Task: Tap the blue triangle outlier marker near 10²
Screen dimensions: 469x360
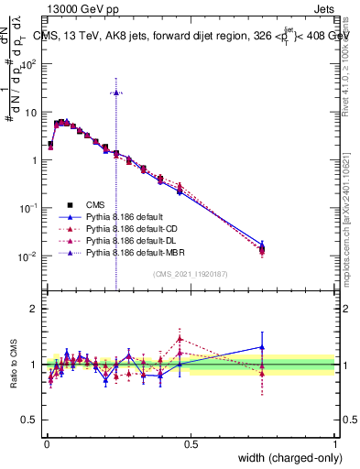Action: coord(115,93)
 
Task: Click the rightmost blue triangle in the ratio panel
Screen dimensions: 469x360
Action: coord(262,347)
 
